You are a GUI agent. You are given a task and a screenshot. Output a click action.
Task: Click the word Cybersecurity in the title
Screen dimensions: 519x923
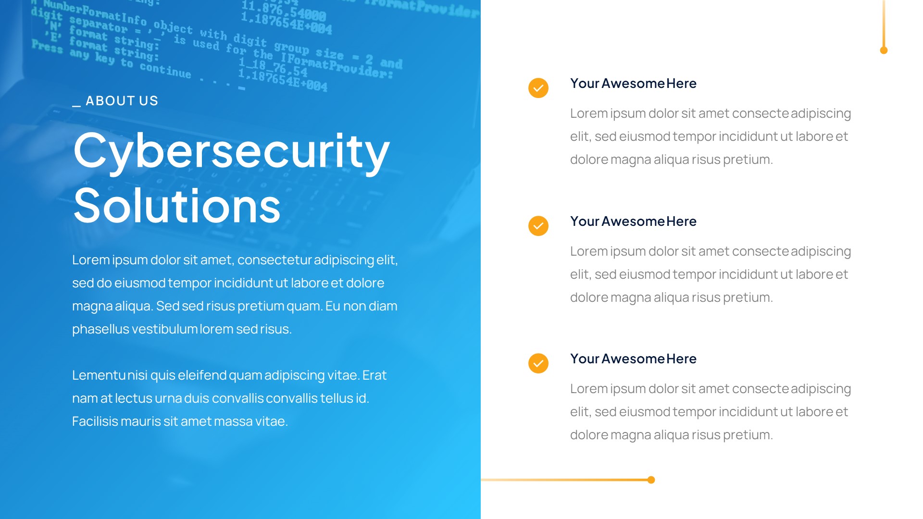click(231, 151)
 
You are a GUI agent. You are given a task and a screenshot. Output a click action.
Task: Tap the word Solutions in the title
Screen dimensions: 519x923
click(177, 206)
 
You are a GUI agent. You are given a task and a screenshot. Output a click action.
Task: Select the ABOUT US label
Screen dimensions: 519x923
click(122, 101)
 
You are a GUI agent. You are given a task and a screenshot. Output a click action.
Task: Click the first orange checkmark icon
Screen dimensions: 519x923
click(538, 88)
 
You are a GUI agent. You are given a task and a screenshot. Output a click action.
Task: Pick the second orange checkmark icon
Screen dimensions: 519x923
click(538, 226)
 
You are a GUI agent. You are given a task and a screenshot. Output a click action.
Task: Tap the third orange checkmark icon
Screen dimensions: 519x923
click(538, 363)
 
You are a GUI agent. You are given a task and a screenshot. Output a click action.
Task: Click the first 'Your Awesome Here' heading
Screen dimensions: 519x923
click(633, 84)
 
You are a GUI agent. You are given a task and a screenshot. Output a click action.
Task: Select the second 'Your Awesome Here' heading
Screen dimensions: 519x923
click(633, 222)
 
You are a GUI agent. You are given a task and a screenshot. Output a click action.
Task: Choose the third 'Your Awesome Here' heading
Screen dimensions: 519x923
click(633, 359)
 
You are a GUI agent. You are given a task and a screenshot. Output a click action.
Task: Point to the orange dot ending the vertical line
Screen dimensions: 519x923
click(884, 50)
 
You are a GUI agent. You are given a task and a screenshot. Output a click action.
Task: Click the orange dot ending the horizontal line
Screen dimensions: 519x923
click(651, 480)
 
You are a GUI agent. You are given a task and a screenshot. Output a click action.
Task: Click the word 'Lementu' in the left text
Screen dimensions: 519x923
click(99, 375)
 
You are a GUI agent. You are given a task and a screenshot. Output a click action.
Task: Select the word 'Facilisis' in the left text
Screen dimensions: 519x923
click(95, 421)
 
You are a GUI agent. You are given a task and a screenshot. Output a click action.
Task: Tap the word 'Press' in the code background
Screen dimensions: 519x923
click(47, 47)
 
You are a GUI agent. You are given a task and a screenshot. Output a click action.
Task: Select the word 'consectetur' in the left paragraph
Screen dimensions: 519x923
click(274, 260)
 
